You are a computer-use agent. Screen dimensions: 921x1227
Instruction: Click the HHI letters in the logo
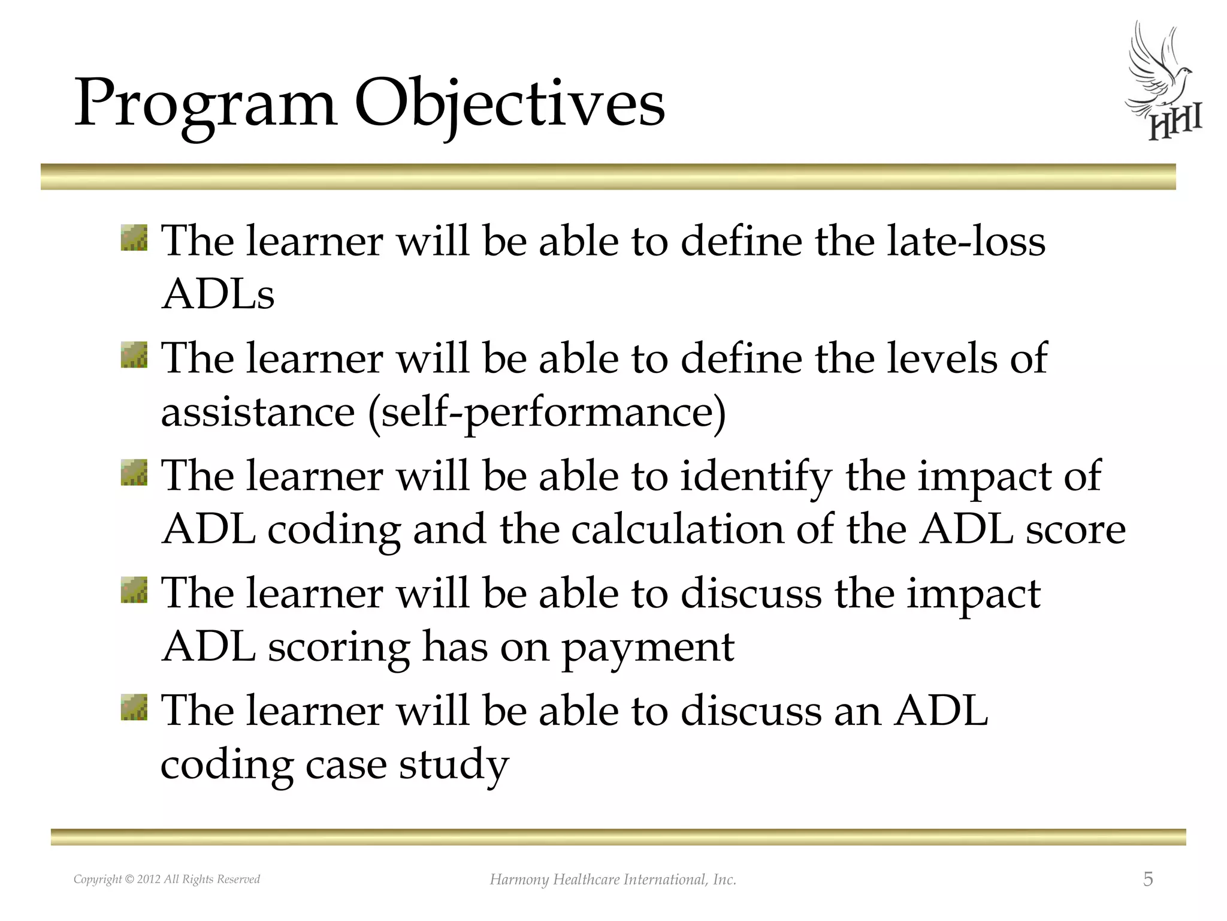point(1174,125)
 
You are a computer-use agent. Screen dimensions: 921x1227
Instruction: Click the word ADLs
point(218,295)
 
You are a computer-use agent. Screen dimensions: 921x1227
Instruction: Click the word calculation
point(677,530)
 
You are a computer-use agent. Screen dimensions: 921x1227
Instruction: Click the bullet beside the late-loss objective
point(134,238)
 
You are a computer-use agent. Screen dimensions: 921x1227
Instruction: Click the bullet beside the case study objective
point(134,708)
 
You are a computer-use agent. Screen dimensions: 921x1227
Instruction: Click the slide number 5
point(1147,880)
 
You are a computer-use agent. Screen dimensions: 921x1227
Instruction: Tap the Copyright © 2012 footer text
point(167,880)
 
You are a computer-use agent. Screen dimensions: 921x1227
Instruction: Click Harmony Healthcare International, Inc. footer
point(613,880)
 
